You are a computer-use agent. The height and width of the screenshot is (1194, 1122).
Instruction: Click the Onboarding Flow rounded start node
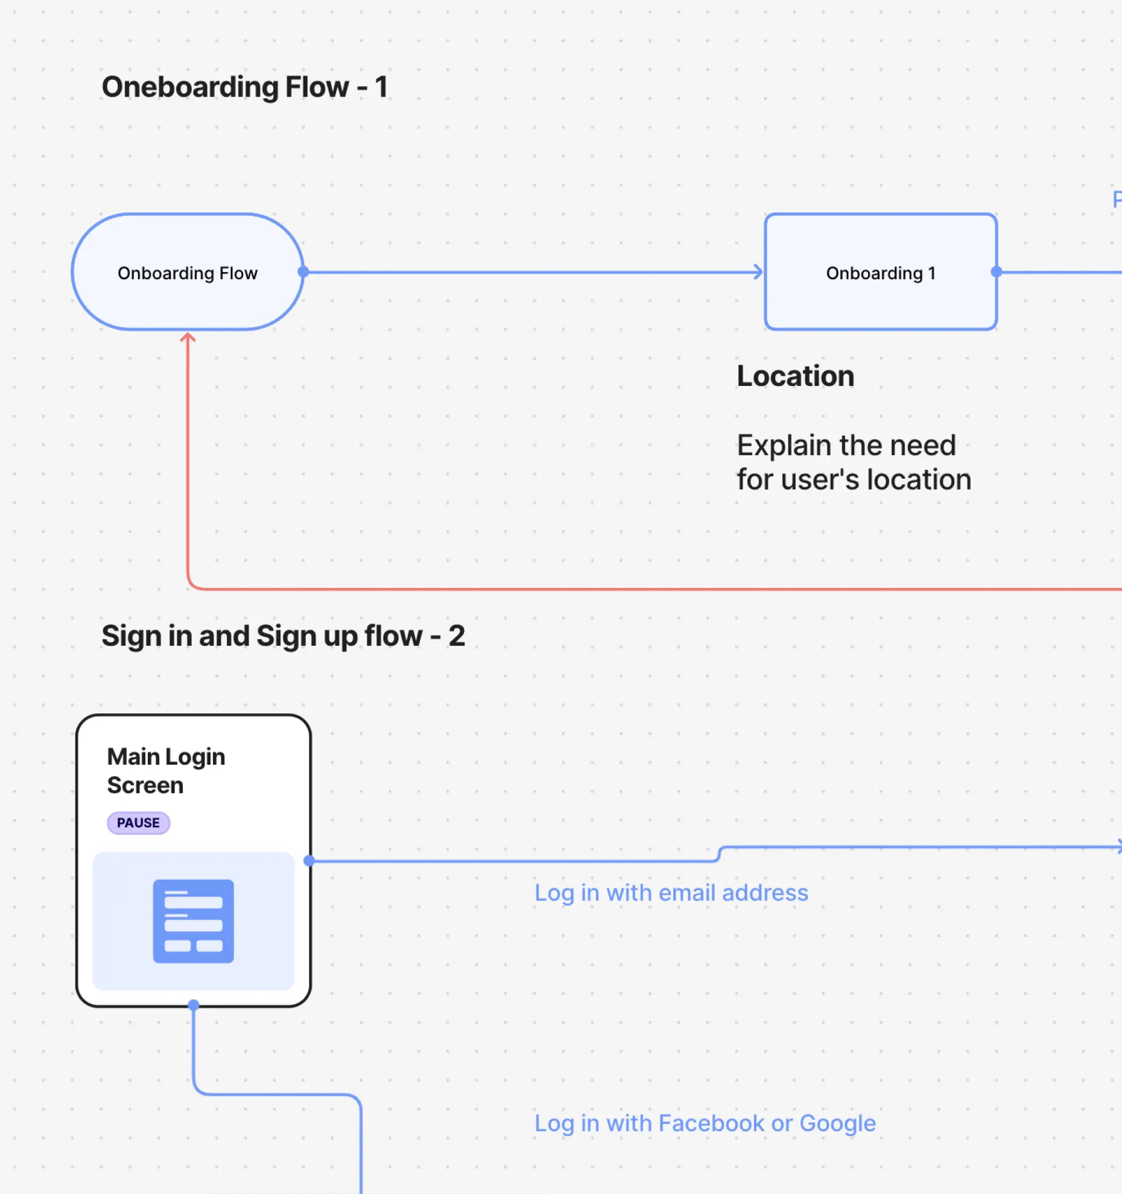[x=187, y=273]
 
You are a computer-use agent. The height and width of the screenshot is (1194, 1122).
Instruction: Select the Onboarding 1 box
[x=880, y=273]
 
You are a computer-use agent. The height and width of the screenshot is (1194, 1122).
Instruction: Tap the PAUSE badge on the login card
[x=138, y=823]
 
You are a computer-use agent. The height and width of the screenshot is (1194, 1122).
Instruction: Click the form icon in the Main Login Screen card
[x=193, y=921]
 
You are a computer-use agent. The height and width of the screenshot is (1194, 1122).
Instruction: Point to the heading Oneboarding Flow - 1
[x=244, y=87]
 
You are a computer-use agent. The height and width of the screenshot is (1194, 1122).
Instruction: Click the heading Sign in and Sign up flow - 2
[x=283, y=636]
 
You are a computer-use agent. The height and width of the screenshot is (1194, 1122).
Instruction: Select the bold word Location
[x=795, y=376]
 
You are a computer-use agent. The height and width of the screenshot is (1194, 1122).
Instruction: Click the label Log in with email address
[x=671, y=893]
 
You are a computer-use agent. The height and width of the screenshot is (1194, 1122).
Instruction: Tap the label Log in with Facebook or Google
[x=705, y=1123]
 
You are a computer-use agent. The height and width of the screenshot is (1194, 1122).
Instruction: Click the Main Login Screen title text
[x=166, y=771]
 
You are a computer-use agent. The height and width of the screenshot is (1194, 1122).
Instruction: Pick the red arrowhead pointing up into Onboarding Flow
[x=188, y=338]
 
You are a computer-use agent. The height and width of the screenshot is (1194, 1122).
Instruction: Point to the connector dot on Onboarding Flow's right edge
[x=303, y=272]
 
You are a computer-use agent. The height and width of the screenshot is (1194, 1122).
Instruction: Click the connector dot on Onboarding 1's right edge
[x=997, y=272]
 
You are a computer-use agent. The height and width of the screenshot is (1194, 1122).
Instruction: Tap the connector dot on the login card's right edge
[x=309, y=861]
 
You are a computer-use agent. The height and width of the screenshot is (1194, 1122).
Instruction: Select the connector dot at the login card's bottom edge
[x=193, y=1005]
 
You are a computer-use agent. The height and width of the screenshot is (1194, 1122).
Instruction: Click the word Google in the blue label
[x=837, y=1123]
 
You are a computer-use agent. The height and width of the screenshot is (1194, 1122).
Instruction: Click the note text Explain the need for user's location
[x=854, y=463]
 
